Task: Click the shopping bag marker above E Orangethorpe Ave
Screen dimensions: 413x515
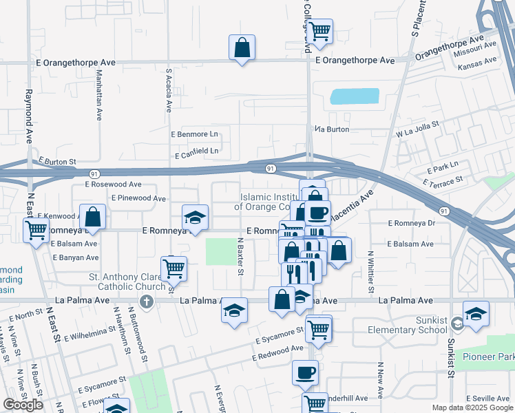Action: tap(242, 47)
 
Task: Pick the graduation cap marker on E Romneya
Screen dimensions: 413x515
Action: tap(195, 218)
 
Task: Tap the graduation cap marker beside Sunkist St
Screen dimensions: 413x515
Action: tap(476, 314)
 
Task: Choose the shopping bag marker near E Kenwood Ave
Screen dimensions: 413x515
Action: tap(93, 217)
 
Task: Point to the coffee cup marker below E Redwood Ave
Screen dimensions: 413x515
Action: tap(305, 373)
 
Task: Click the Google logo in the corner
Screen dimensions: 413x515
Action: tap(23, 405)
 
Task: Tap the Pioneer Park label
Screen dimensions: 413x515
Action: tap(489, 357)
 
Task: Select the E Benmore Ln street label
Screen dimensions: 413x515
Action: tap(194, 134)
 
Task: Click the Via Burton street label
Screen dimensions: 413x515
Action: tap(332, 129)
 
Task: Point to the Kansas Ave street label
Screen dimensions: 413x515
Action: tap(477, 61)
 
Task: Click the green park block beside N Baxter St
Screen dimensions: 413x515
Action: tap(220, 251)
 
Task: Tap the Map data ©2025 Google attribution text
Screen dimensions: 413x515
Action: tap(472, 407)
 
